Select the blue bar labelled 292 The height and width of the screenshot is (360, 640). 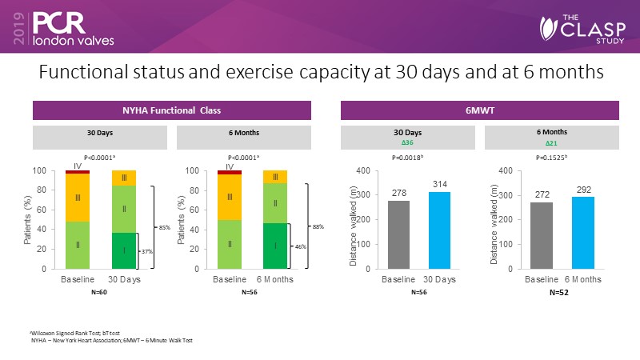pos(583,233)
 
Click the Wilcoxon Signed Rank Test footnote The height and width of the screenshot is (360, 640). pos(65,332)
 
